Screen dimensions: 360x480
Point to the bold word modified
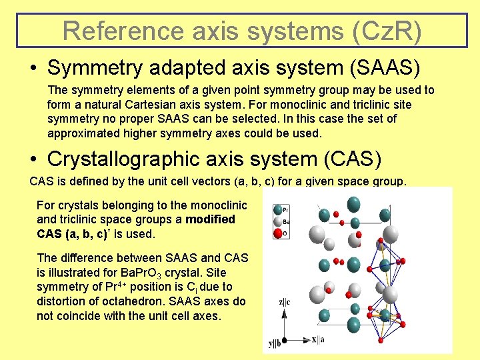tap(210, 219)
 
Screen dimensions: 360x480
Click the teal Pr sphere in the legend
tap(277, 209)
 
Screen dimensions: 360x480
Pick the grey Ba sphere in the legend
tap(277, 221)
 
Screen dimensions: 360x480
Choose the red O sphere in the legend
tap(277, 233)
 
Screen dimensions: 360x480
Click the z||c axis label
tap(284, 302)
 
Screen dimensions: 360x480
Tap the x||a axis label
tap(319, 339)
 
